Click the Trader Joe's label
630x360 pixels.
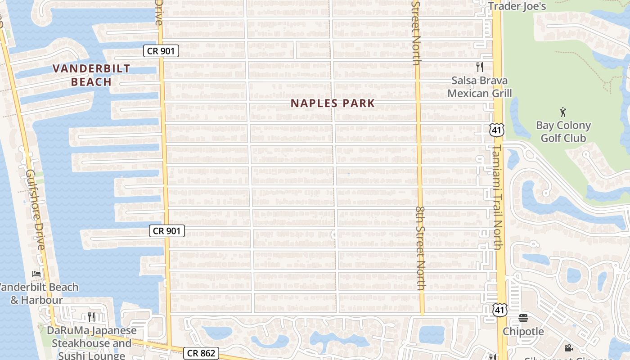517,6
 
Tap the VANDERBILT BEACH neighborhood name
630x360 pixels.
91,75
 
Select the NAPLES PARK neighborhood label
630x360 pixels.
333,103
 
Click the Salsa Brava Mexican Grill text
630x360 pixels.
480,87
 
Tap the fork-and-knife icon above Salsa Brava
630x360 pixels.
480,67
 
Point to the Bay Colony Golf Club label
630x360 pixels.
563,131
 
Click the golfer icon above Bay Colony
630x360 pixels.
563,111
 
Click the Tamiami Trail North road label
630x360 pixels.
497,197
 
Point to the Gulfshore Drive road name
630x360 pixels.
35,210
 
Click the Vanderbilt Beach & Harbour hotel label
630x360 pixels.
38,293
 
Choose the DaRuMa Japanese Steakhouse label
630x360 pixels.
92,343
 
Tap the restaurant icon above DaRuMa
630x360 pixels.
91,317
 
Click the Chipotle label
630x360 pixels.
523,332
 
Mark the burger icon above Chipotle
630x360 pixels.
523,318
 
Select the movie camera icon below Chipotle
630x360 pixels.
568,348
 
